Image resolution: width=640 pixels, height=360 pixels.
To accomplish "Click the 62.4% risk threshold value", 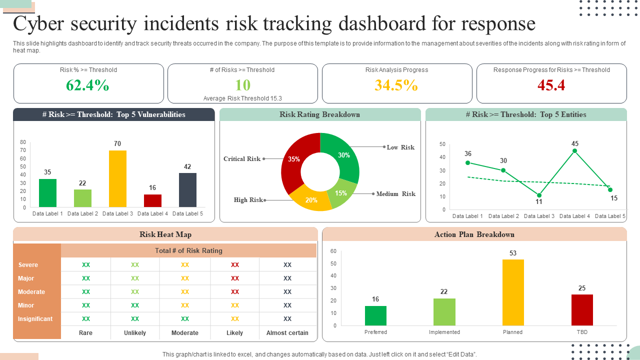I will [x=87, y=85].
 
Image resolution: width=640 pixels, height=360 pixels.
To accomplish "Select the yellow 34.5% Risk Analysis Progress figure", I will [x=396, y=85].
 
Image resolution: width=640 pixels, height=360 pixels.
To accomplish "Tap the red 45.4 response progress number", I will [x=551, y=85].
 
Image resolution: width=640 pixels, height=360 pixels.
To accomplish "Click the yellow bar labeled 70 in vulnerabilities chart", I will [x=117, y=178].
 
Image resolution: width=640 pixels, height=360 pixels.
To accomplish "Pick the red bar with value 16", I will [x=152, y=200].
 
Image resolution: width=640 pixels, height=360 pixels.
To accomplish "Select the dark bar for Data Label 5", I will [x=187, y=189].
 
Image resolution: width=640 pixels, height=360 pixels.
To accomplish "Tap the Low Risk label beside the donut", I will [x=400, y=147].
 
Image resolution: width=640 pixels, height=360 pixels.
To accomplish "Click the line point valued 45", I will [x=575, y=150].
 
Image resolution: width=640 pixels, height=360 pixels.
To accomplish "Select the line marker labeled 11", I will [x=539, y=195].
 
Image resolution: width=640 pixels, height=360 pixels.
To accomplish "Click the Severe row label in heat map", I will [x=28, y=265].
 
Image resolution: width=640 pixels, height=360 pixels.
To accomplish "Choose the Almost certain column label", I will [x=287, y=333].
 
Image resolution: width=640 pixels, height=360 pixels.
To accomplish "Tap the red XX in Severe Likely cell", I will [x=235, y=265].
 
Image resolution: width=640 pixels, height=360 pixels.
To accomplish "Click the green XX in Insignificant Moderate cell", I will [x=185, y=319].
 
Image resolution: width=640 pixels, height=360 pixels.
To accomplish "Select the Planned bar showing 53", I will [x=513, y=292].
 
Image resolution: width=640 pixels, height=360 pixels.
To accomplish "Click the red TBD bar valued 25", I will [x=582, y=310].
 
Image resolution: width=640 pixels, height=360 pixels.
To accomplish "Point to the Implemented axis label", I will [x=444, y=332].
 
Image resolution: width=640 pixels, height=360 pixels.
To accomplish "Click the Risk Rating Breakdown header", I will [x=320, y=114].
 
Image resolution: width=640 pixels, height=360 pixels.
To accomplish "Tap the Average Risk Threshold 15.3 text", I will [x=242, y=98].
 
